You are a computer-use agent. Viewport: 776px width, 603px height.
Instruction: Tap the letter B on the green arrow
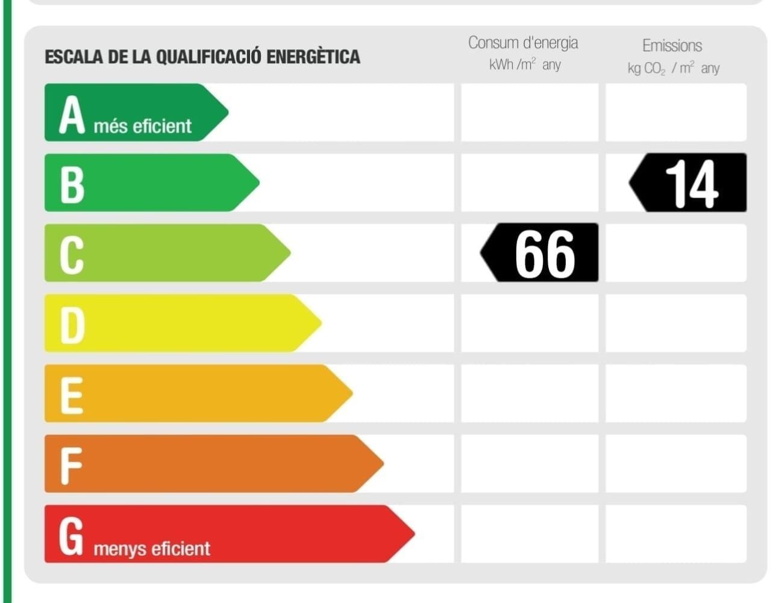pyautogui.click(x=72, y=184)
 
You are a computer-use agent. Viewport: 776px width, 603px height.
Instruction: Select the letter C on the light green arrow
pyautogui.click(x=72, y=254)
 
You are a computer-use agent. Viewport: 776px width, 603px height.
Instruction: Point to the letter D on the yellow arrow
pyautogui.click(x=72, y=325)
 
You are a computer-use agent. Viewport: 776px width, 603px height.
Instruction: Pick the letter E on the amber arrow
pyautogui.click(x=72, y=395)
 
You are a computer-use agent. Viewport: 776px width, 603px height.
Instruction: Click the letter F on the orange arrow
pyautogui.click(x=70, y=465)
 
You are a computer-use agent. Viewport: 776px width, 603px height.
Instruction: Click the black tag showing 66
pyautogui.click(x=540, y=253)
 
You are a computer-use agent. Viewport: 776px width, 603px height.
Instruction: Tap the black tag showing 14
pyautogui.click(x=688, y=183)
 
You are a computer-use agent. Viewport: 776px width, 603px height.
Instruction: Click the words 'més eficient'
pyautogui.click(x=143, y=127)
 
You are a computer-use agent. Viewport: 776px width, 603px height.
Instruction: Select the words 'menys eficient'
pyautogui.click(x=152, y=549)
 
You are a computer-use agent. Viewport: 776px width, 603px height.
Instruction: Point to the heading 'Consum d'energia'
pyautogui.click(x=523, y=43)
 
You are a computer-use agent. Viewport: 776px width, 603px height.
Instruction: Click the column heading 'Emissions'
pyautogui.click(x=672, y=46)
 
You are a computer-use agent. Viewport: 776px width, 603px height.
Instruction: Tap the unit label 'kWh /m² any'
pyautogui.click(x=525, y=64)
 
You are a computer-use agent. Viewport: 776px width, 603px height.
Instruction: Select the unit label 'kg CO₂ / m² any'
pyautogui.click(x=673, y=68)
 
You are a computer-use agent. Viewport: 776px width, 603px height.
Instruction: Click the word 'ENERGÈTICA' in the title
pyautogui.click(x=313, y=57)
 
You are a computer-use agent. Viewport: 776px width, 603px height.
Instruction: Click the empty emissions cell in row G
pyautogui.click(x=675, y=534)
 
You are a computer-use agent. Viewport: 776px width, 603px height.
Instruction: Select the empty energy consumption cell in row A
pyautogui.click(x=530, y=113)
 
